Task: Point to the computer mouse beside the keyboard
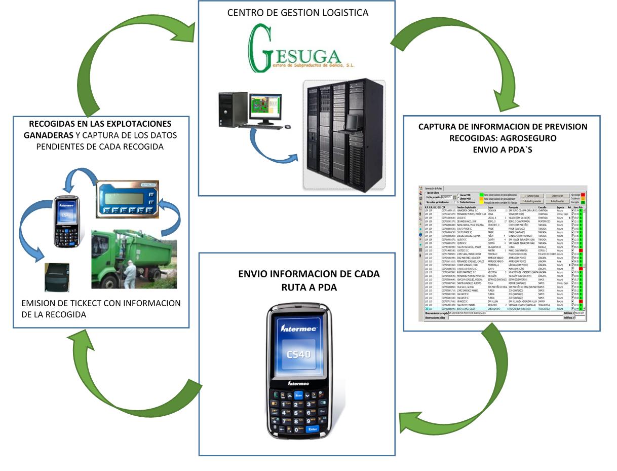(288, 126)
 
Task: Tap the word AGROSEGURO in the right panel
(526, 137)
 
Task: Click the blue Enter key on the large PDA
(313, 429)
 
